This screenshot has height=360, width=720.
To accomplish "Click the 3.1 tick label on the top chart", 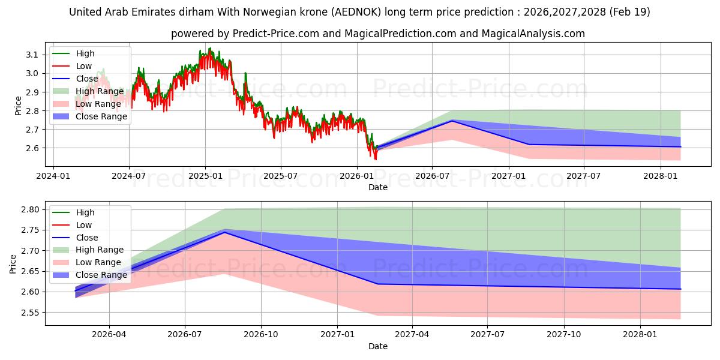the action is pos(32,55).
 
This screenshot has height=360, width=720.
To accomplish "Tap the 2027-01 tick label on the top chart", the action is pos(509,176).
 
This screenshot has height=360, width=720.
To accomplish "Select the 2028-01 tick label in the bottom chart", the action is pos(640,335).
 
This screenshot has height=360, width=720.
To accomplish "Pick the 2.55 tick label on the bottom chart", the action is pos(30,313).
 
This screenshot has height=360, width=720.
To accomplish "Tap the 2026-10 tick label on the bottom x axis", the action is pos(261,335).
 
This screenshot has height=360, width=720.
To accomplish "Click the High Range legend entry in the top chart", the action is pos(88,91).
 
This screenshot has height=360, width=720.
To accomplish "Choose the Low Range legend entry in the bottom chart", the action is pos(87,263).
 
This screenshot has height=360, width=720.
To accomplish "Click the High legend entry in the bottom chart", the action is pos(73,212).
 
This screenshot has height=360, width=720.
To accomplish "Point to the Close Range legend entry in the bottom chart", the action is pos(89,275).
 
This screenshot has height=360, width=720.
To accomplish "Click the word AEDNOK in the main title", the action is pos(357,12).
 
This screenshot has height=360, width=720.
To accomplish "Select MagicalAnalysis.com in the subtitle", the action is pos(533,34).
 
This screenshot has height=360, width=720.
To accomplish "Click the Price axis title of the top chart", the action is pos(18,106).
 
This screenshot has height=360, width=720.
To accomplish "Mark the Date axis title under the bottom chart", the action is pos(378,346).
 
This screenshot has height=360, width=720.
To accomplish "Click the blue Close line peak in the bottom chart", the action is pos(224,232).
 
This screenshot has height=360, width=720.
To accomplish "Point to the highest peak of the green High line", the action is pos(210,48).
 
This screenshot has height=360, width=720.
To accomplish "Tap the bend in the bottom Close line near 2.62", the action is pos(377,284).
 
